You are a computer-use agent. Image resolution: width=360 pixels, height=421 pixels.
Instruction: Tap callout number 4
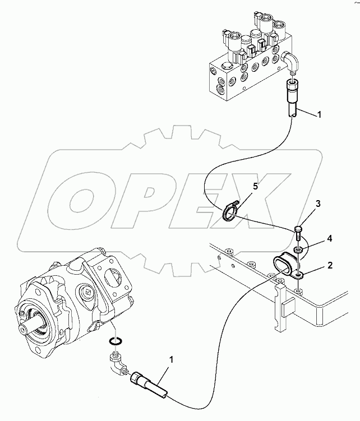tap(330, 239)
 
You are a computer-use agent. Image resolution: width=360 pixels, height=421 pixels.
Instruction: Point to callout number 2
tap(330, 266)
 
